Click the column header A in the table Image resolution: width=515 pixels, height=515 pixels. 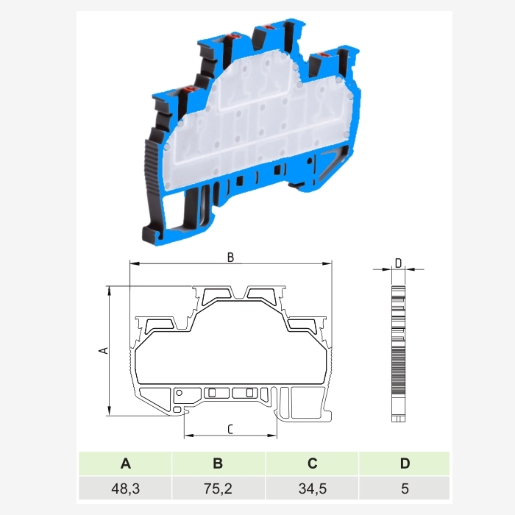tap(126, 464)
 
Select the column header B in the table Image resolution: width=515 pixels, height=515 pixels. tap(218, 464)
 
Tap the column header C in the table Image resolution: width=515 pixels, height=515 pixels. tap(312, 464)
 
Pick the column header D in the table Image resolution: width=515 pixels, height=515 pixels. tap(405, 464)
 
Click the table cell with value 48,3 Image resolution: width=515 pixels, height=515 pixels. tap(126, 488)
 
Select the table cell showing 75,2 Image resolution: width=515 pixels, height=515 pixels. tap(218, 488)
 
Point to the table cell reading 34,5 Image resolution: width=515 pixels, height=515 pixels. tap(312, 488)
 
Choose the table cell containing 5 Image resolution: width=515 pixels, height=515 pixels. tap(405, 488)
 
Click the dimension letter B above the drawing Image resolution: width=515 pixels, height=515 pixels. tap(230, 257)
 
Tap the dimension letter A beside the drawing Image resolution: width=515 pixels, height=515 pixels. tap(104, 350)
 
